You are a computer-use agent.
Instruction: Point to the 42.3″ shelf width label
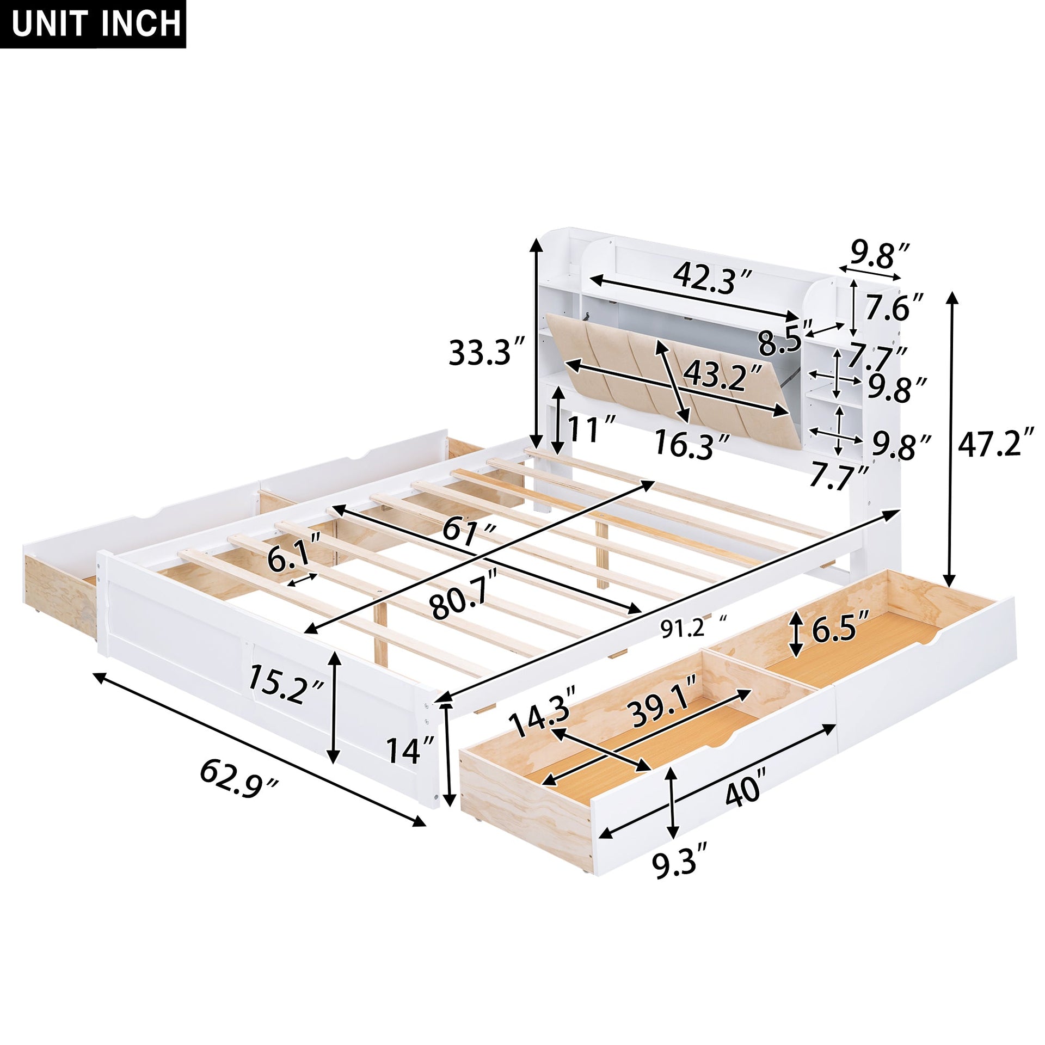point(712,278)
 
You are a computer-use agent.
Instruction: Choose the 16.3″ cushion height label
point(691,444)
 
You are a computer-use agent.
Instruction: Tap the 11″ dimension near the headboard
point(591,429)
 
